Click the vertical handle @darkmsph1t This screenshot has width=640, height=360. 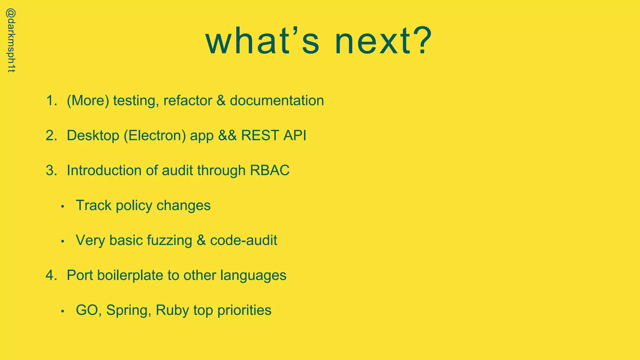coord(11,41)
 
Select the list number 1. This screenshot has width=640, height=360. coord(51,101)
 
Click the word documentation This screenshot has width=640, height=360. coord(277,101)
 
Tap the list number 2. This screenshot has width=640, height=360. coord(51,136)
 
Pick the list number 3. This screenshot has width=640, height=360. coord(51,171)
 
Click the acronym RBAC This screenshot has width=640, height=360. coord(270,171)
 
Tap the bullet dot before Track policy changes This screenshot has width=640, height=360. coord(63,207)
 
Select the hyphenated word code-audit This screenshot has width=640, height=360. coord(243,240)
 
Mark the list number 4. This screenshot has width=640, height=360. coord(51,275)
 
